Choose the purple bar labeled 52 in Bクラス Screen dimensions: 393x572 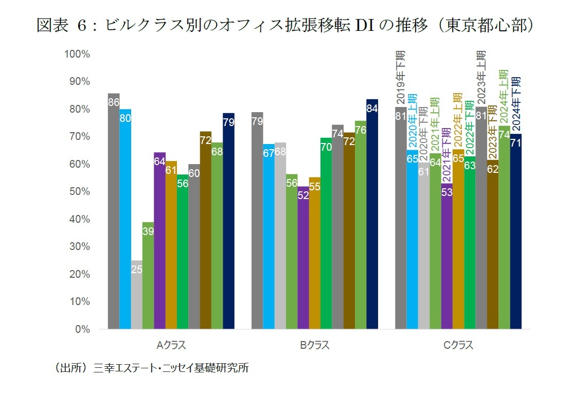point(303,257)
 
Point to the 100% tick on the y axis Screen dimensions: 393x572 point(76,54)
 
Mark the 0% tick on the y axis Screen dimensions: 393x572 point(80,329)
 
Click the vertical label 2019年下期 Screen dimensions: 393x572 point(401,77)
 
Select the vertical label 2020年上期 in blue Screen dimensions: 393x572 point(412,121)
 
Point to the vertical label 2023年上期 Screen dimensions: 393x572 point(481,77)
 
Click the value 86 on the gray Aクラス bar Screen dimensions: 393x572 point(114,102)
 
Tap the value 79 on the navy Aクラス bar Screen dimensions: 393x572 point(229,122)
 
